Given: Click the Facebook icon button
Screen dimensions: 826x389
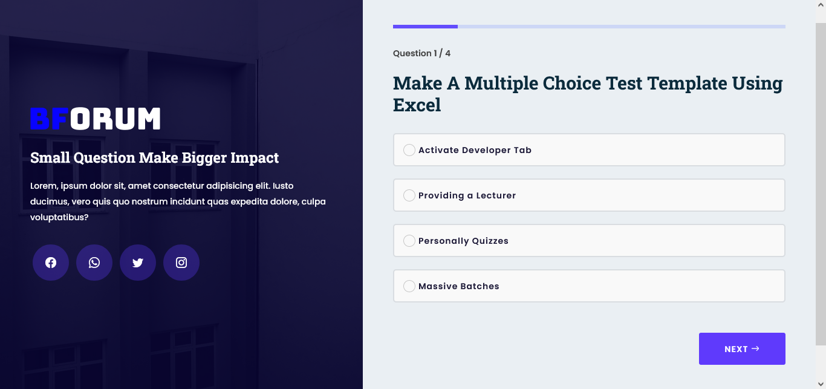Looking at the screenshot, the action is tap(51, 263).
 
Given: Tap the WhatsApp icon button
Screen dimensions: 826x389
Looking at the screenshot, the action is tap(94, 263).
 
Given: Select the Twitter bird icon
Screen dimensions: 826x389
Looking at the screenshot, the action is tap(137, 263).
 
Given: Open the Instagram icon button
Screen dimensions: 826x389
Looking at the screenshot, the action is tap(181, 263).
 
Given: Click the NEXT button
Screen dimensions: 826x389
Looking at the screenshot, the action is tap(742, 349).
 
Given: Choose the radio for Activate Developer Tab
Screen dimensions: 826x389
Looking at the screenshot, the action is tap(409, 150).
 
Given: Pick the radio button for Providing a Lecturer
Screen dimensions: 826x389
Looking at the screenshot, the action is tap(409, 195).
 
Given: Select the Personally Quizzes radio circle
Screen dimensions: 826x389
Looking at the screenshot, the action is tap(409, 241).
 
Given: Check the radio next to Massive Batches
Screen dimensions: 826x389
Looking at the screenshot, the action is tap(409, 286).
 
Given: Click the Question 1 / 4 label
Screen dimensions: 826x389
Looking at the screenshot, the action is tap(421, 53).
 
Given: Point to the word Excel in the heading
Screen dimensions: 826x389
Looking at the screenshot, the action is tap(417, 105).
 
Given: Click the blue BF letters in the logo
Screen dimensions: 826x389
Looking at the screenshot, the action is tap(50, 119).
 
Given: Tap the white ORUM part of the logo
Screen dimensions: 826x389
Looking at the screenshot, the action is tap(115, 119).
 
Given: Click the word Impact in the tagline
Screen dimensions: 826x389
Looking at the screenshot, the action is tap(255, 158).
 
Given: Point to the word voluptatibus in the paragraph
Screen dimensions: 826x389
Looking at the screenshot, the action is tap(59, 217).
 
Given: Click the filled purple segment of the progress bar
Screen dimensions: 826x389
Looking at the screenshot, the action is tap(425, 27).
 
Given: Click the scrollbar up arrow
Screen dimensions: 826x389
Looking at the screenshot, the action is tap(821, 5).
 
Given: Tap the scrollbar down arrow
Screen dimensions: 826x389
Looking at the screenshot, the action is tap(821, 384).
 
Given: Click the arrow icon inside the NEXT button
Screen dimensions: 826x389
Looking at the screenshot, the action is tap(755, 348).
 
